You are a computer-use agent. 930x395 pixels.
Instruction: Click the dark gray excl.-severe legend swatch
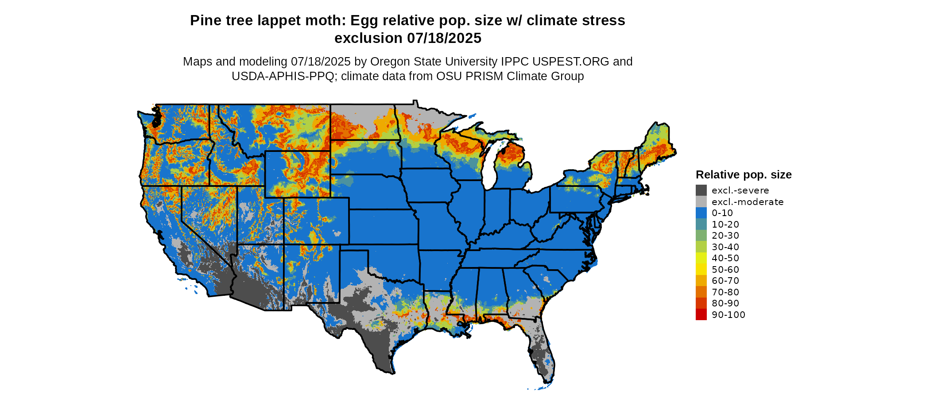(x=701, y=190)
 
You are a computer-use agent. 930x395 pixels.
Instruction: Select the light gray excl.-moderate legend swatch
(x=701, y=202)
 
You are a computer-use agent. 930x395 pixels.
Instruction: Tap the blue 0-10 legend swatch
(x=701, y=213)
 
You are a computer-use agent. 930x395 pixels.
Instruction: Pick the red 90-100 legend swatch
(x=701, y=315)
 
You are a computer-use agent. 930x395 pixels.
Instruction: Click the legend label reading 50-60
(x=725, y=270)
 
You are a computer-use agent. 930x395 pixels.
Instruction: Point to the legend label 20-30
(x=725, y=236)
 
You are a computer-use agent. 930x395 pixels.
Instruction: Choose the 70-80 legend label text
(x=725, y=292)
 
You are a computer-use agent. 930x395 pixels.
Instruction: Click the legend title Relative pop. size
(x=744, y=174)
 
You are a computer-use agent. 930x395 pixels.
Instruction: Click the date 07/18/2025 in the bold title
(x=444, y=39)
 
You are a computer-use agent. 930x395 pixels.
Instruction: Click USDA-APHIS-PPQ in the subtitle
(x=283, y=76)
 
